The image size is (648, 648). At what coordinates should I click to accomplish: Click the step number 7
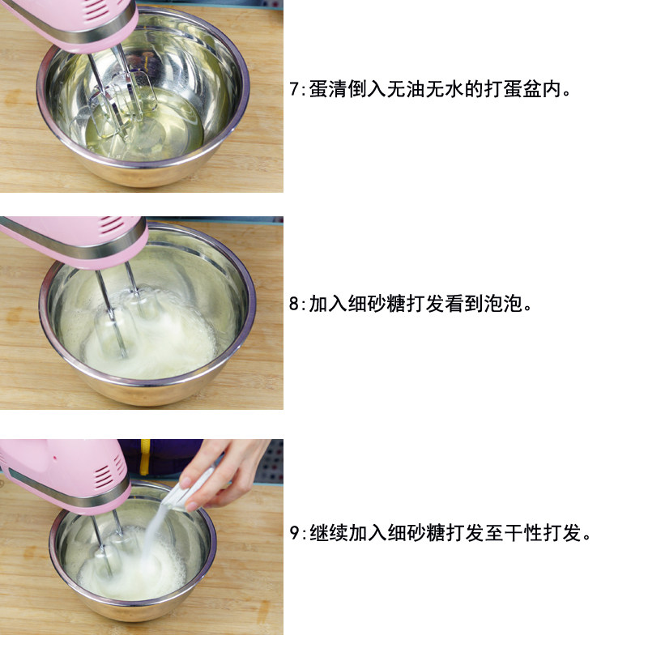pos(294,89)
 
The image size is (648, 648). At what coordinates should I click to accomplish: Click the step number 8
pos(294,304)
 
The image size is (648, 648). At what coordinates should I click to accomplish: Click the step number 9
pos(294,533)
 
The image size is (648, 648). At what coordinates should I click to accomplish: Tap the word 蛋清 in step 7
pos(328,89)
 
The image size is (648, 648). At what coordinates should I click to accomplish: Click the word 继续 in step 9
pos(329,533)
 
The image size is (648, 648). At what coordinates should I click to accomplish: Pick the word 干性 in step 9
pos(523,533)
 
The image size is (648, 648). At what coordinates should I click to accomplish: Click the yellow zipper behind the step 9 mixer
pos(144,457)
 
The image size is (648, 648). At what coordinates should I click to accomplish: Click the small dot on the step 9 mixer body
pos(54,458)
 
